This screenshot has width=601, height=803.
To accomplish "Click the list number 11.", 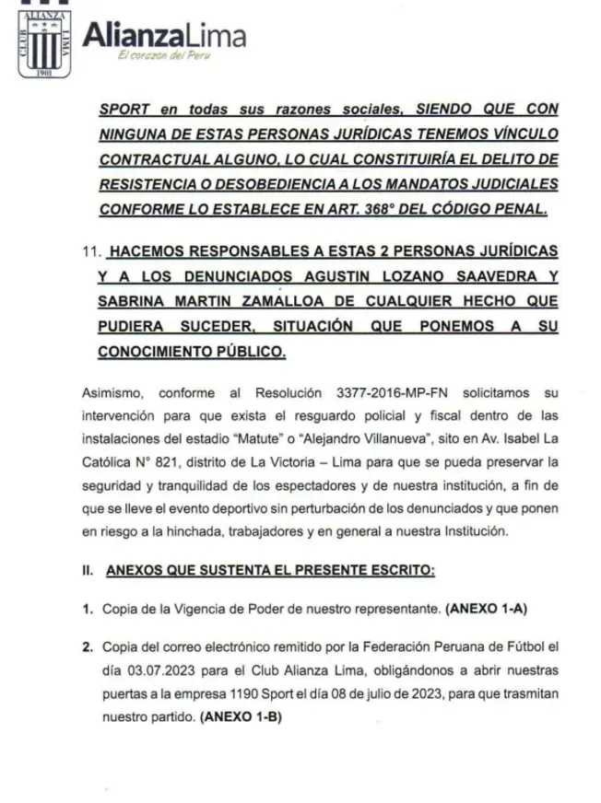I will tap(88, 251).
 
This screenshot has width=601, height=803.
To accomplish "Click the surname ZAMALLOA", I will tap(290, 301).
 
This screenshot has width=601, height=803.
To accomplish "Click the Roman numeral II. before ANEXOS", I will tap(88, 571).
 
